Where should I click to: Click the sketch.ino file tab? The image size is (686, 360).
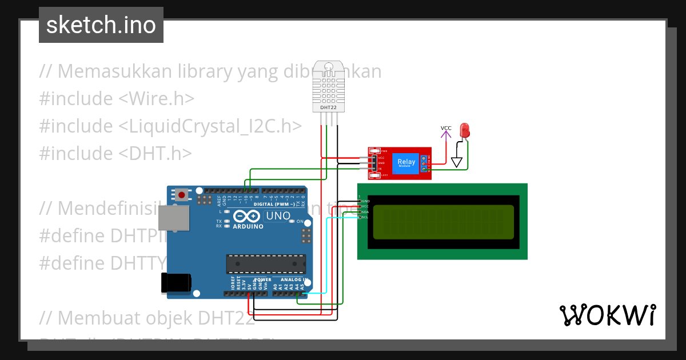click(x=101, y=25)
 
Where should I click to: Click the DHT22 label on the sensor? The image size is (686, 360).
click(x=328, y=107)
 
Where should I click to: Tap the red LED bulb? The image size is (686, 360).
click(x=464, y=130)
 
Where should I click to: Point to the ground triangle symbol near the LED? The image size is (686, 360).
click(x=456, y=162)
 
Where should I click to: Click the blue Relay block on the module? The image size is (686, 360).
click(x=406, y=163)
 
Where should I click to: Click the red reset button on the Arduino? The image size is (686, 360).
click(x=182, y=195)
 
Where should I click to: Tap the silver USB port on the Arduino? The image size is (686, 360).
click(x=174, y=219)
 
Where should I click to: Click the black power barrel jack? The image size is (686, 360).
click(x=175, y=283)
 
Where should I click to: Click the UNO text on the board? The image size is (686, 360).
click(x=278, y=216)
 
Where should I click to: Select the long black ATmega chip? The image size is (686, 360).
click(x=264, y=263)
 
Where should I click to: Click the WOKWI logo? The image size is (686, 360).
click(x=608, y=315)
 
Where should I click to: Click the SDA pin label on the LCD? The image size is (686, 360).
click(x=365, y=212)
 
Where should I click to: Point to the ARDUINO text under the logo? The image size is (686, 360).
click(x=248, y=227)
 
